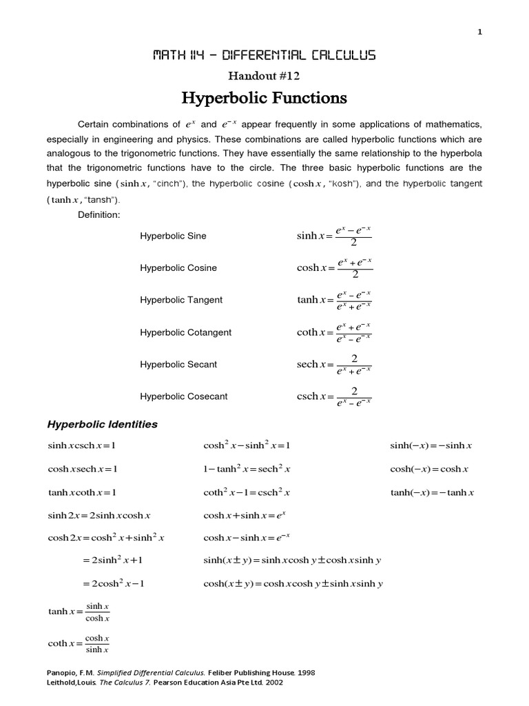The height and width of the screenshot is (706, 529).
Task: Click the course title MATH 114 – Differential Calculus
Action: (x=264, y=55)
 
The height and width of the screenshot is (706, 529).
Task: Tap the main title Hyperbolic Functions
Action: (x=264, y=99)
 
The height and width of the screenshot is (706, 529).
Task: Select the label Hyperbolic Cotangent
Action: (x=185, y=332)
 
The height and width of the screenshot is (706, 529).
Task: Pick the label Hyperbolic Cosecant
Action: (x=183, y=396)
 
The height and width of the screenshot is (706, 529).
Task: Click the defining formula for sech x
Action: (x=334, y=365)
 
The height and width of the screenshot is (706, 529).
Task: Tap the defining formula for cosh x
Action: (x=334, y=268)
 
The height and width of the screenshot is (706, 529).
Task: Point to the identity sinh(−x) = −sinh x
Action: (x=431, y=446)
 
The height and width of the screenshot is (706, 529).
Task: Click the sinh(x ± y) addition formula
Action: (x=292, y=561)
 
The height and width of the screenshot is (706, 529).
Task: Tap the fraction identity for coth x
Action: (x=79, y=643)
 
